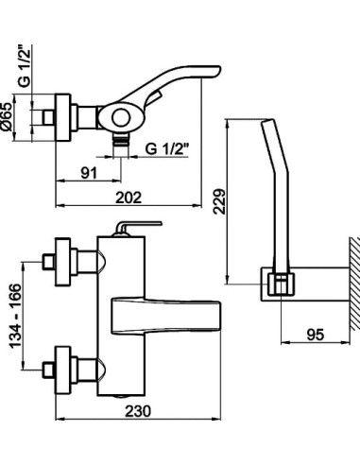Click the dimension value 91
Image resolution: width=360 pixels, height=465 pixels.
point(89,173)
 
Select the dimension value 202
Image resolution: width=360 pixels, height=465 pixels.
point(129,198)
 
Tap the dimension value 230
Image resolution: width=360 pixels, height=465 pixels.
point(138,411)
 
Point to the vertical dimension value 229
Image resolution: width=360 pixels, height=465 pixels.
point(220,201)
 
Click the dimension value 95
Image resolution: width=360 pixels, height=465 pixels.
point(315,335)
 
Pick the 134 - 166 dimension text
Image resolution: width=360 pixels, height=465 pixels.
point(15,316)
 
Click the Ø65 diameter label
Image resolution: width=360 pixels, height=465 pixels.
point(7,117)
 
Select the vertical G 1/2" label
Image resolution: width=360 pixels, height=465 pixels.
point(25,67)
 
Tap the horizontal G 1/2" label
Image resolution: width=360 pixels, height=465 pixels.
point(167,148)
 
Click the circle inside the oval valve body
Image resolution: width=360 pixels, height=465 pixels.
point(121,118)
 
